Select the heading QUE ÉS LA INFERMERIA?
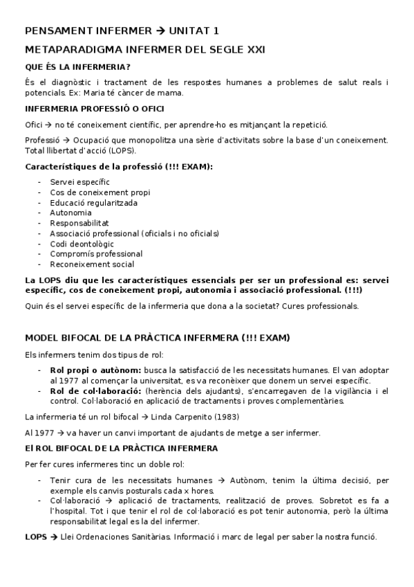77,67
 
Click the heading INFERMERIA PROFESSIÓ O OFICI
94,109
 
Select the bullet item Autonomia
70,213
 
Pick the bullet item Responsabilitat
79,223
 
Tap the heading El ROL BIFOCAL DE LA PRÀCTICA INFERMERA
121,448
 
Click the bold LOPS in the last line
36,536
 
